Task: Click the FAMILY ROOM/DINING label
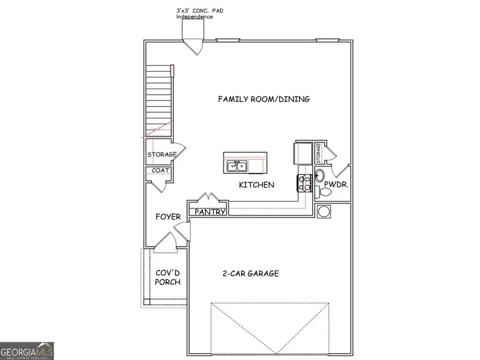263,99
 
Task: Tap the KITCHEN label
256,185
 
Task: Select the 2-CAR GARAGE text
250,274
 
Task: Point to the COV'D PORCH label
167,277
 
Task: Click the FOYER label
167,217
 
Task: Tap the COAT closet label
161,171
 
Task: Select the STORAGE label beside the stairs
162,155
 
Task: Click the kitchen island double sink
236,166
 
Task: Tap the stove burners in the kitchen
305,183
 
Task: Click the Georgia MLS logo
27,350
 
